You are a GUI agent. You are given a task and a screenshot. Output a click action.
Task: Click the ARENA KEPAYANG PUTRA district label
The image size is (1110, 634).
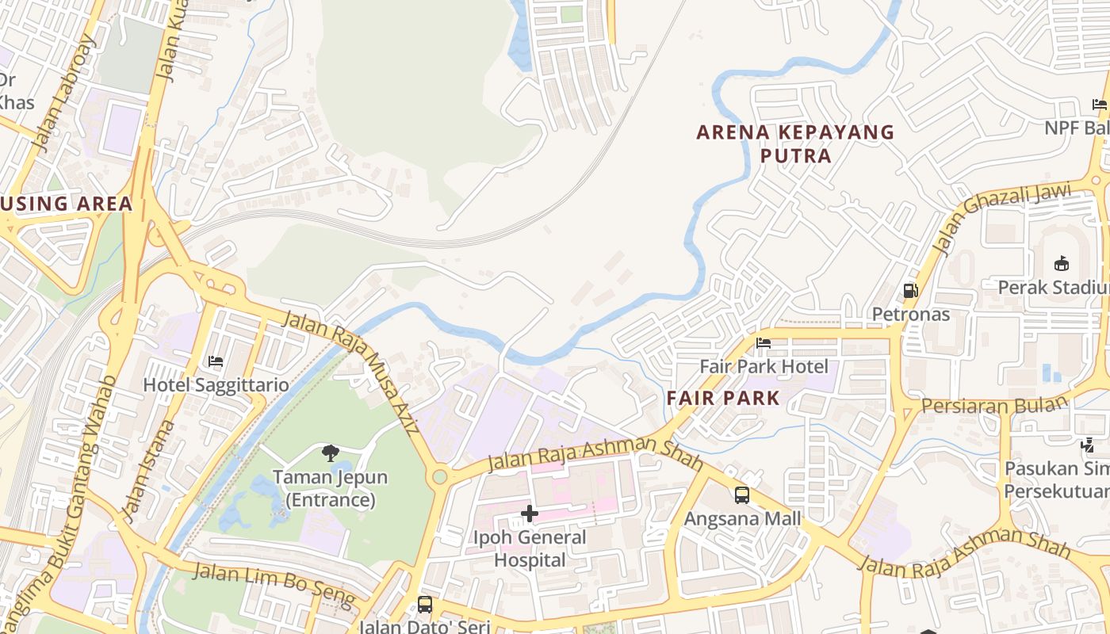795,143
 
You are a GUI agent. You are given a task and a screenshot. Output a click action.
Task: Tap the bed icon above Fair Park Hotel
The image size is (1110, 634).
764,343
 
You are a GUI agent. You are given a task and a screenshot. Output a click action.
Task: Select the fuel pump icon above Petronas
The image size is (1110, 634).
911,291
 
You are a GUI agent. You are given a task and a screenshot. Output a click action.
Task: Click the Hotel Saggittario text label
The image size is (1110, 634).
216,384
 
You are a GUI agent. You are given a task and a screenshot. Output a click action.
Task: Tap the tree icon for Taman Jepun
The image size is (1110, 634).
331,453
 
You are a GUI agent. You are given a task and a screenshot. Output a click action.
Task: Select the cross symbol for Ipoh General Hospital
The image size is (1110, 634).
529,514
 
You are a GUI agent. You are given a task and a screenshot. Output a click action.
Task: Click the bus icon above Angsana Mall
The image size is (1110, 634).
742,495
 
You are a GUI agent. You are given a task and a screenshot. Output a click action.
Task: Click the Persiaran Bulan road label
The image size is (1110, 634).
994,405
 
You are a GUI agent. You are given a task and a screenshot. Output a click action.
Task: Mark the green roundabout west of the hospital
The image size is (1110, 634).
439,477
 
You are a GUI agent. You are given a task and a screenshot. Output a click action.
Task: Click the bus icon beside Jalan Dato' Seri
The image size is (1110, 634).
425,605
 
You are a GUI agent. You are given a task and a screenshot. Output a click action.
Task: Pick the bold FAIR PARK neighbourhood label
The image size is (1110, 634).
723,398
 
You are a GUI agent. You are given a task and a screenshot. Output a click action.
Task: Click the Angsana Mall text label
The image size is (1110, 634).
742,519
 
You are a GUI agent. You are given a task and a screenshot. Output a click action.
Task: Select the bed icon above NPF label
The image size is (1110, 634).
1099,104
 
